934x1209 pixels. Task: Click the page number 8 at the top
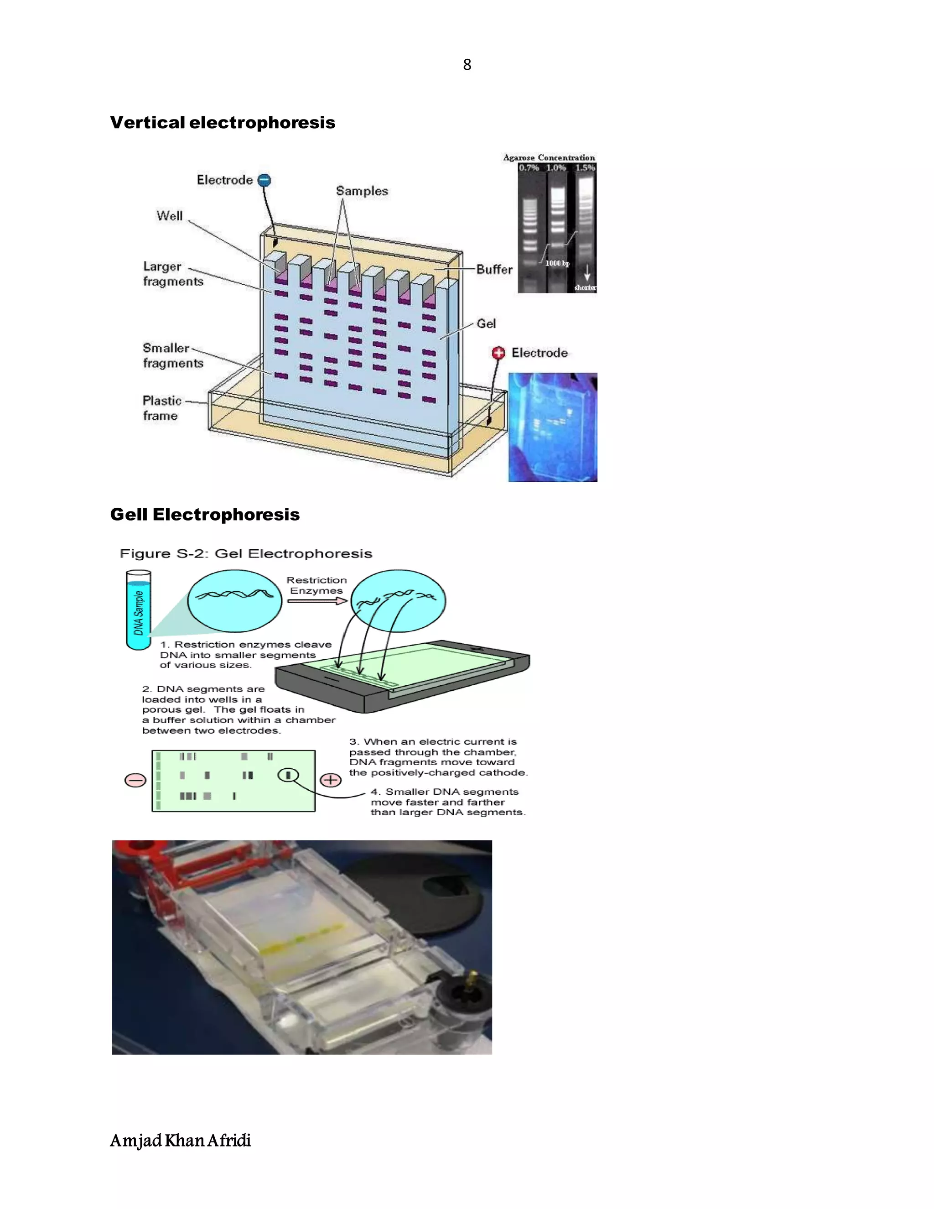467,65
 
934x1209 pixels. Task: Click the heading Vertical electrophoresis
223,122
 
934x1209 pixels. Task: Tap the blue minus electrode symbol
265,180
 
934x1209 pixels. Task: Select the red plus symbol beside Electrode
498,353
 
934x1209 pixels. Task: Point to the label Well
169,216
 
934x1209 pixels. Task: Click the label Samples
362,191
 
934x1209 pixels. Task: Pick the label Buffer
494,270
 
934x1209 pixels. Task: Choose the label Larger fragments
173,274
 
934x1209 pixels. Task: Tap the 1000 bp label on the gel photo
557,264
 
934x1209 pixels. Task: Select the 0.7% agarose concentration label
529,168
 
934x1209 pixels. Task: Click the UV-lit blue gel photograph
552,427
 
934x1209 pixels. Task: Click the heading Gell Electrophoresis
205,514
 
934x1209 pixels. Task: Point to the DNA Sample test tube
138,610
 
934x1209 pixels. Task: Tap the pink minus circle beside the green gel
135,780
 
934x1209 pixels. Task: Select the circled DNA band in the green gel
288,776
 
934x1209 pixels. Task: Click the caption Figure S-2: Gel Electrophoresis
246,553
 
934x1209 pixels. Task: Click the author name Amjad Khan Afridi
181,1141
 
